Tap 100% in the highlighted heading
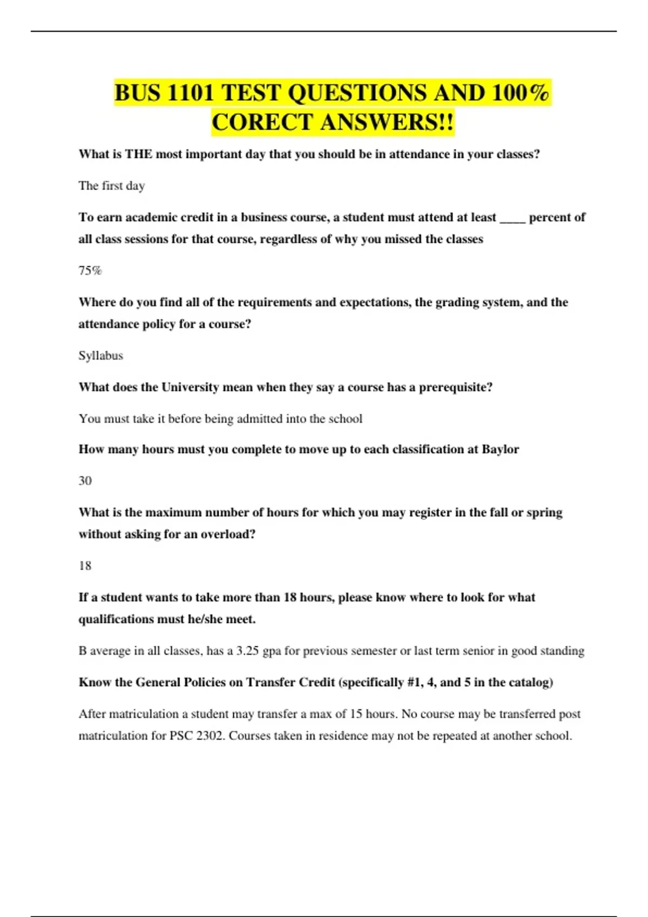tap(521, 93)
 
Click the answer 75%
tap(90, 271)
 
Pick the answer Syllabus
tap(101, 355)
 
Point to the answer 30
tap(85, 481)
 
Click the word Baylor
tap(500, 449)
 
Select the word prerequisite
tap(455, 387)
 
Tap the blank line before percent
tap(512, 218)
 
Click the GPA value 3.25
tap(248, 651)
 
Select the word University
tap(190, 387)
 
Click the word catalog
tap(530, 682)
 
